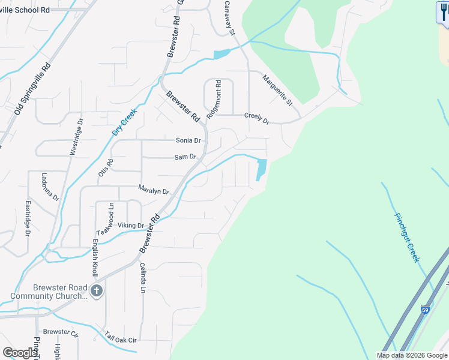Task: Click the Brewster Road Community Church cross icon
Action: (97, 292)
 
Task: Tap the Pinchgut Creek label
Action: (406, 237)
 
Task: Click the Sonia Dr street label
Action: (188, 140)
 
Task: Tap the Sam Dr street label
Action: (185, 157)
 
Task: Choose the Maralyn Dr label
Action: (154, 190)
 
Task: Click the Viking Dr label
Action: (131, 226)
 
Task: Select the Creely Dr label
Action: (257, 118)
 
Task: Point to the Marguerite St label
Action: (277, 90)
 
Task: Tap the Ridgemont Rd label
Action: (214, 99)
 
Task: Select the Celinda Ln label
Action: (143, 278)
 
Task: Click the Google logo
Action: (20, 353)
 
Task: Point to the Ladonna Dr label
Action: (50, 187)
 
